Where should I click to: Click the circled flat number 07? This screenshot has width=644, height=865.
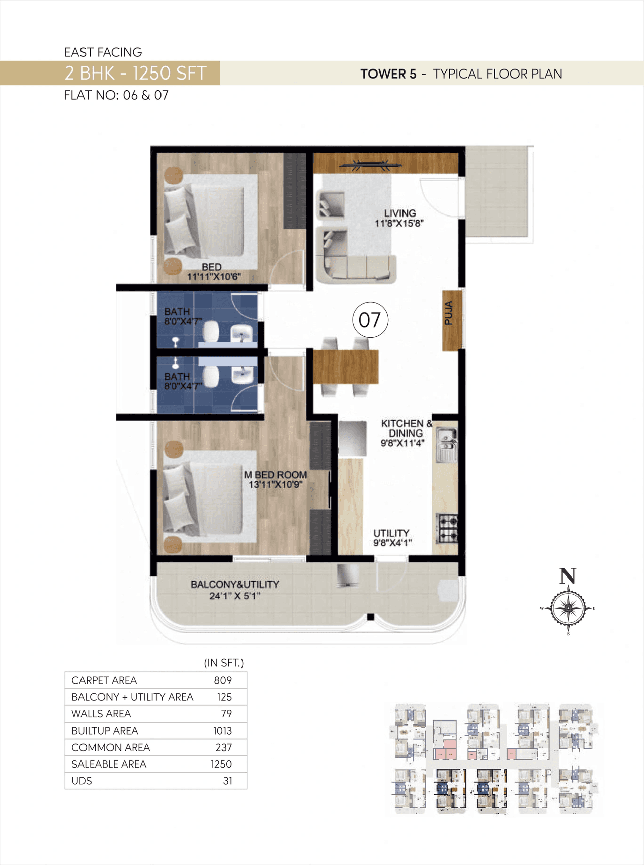coord(370,320)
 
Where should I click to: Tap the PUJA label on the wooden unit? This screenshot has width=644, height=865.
coord(449,313)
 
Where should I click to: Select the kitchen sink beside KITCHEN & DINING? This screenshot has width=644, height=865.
coord(446,445)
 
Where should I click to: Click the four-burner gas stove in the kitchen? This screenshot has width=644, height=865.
coord(447,528)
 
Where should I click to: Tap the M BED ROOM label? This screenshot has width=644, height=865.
coord(275,475)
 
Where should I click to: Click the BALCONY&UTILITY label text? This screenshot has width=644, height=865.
coord(234,585)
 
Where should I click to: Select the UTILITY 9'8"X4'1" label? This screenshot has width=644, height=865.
coord(392,538)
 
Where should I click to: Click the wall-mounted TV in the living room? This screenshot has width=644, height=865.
coord(371,164)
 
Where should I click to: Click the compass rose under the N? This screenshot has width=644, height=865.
coord(568,608)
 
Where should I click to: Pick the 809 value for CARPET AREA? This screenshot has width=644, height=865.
coord(223,680)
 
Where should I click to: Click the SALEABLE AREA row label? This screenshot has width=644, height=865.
coord(109,764)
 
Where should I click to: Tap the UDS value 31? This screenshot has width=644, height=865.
coord(227,781)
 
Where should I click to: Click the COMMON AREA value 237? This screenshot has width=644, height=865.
coord(223,748)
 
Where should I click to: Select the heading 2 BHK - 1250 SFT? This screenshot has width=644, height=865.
coord(135,74)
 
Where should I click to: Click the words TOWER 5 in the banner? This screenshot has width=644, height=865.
coord(388,74)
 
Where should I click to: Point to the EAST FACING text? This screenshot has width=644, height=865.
coord(103,52)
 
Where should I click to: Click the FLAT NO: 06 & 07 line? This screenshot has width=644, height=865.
coord(116,95)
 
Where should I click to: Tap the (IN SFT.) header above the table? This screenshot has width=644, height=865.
coord(223,663)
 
